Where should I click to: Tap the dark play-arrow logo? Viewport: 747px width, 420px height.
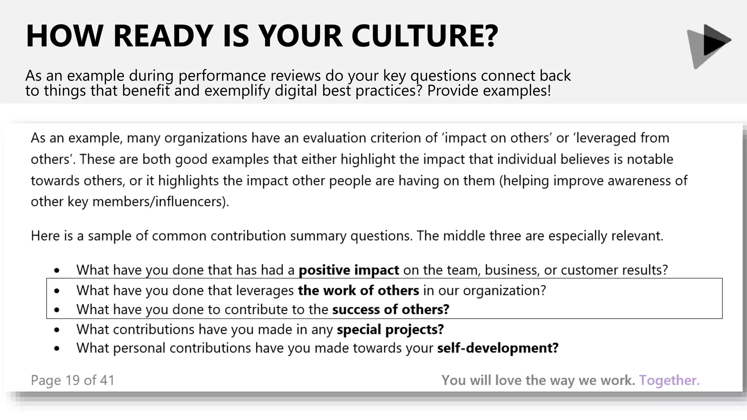coord(709,45)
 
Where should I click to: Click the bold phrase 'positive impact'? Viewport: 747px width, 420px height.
coord(349,270)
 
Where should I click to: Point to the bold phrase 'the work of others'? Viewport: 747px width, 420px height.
coord(359,291)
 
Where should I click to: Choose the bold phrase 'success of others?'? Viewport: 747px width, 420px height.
coord(391,310)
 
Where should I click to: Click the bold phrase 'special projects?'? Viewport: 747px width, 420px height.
coord(390,330)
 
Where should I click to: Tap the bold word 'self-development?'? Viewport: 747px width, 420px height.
coord(498,348)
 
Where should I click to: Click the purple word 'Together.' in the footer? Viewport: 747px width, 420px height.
coord(669,380)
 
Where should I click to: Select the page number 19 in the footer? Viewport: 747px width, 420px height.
coord(73,380)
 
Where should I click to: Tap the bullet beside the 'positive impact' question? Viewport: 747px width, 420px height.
coord(57,271)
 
